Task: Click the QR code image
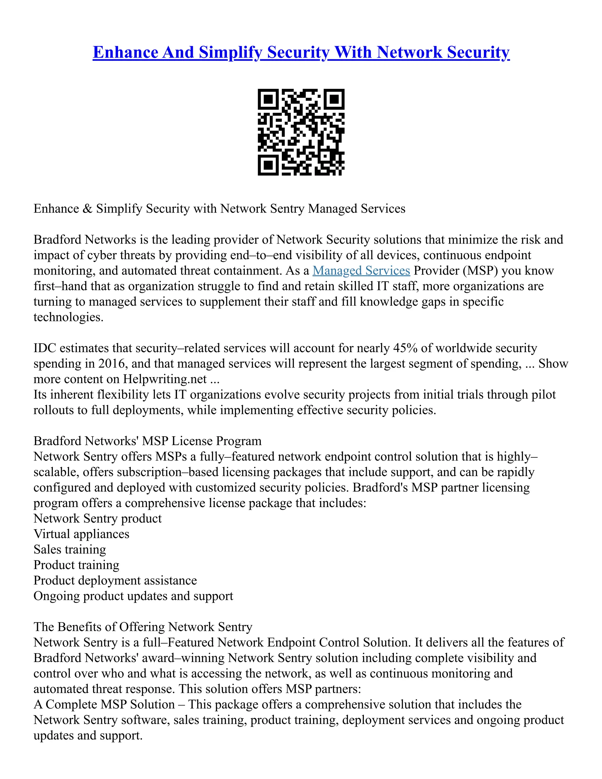pyautogui.click(x=301, y=132)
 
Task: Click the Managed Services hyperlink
pyautogui.click(x=361, y=271)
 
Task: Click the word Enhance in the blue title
pyautogui.click(x=125, y=52)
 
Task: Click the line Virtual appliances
pyautogui.click(x=81, y=534)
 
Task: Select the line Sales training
pyautogui.click(x=70, y=550)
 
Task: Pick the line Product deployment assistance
pyautogui.click(x=115, y=581)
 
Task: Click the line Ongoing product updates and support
pyautogui.click(x=133, y=596)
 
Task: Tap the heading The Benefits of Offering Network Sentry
pyautogui.click(x=143, y=627)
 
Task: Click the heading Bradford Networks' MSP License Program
pyautogui.click(x=147, y=441)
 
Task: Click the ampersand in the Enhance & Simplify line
pyautogui.click(x=87, y=209)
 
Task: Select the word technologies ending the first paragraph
pyautogui.click(x=68, y=317)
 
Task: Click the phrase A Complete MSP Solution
pyautogui.click(x=104, y=704)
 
